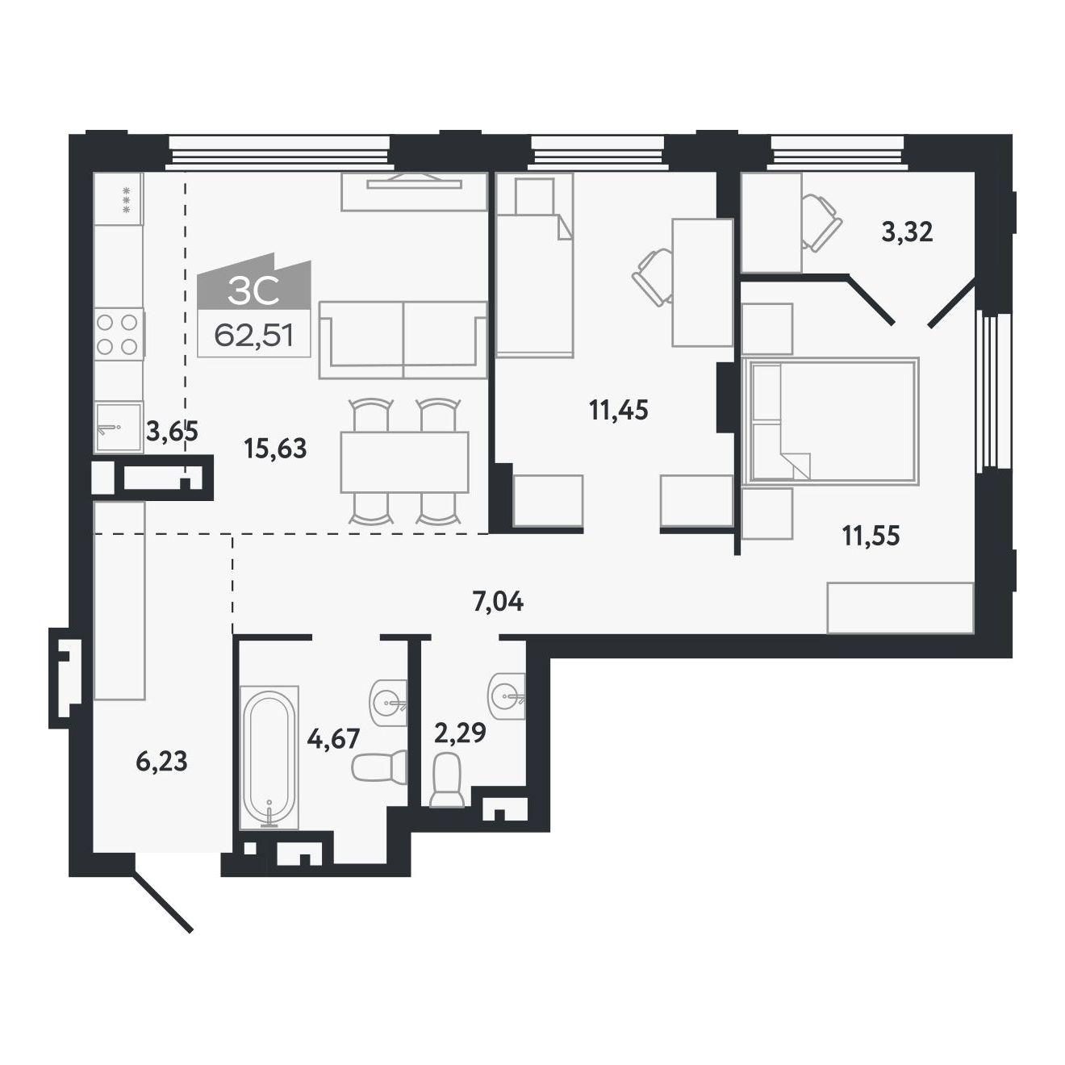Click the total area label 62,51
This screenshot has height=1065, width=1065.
tap(253, 334)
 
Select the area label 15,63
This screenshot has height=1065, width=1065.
tap(274, 449)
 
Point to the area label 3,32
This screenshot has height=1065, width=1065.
tap(907, 232)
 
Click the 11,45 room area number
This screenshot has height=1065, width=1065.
tap(619, 411)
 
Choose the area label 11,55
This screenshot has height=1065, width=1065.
tap(871, 536)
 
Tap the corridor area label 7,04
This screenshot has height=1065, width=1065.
tap(498, 602)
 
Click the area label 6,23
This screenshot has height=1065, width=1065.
tap(162, 762)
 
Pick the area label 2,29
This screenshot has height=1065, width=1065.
tap(460, 733)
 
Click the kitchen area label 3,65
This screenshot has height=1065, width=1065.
tap(172, 431)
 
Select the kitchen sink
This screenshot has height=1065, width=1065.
tap(119, 428)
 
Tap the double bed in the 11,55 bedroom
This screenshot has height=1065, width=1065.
tap(831, 421)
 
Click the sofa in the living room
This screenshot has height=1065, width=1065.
tap(403, 340)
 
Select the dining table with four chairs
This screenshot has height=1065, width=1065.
tap(405, 461)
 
